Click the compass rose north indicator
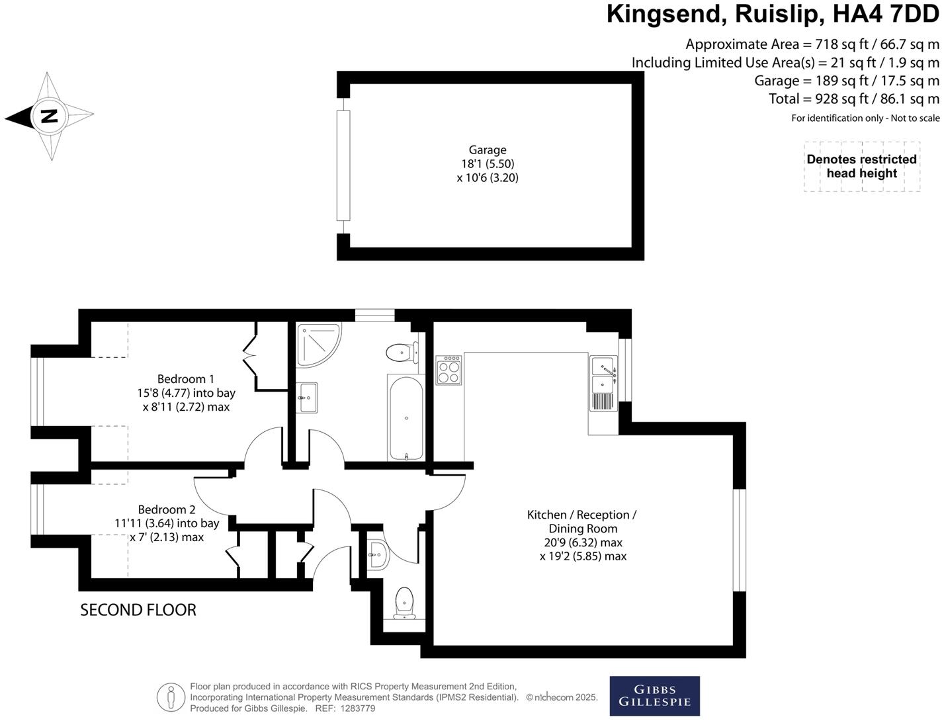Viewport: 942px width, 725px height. [50, 116]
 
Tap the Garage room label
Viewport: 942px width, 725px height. [488, 150]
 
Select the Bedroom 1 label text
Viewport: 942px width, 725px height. [185, 379]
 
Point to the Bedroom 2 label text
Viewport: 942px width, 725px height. [167, 509]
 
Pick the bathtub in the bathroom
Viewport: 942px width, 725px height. [406, 418]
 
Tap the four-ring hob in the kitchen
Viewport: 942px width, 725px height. [449, 370]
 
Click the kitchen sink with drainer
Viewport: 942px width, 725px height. [604, 384]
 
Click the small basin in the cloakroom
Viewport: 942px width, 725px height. [376, 554]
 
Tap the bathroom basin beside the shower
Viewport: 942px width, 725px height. [307, 398]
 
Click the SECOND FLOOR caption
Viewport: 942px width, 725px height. [138, 610]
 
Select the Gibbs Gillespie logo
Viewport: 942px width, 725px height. [654, 696]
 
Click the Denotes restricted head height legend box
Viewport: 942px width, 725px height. [861, 167]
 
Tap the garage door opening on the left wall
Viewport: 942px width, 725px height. [343, 165]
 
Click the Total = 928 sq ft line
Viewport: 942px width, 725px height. [853, 99]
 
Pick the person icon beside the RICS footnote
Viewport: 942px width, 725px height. [171, 697]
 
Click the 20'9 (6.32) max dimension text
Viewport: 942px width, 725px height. [583, 542]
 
